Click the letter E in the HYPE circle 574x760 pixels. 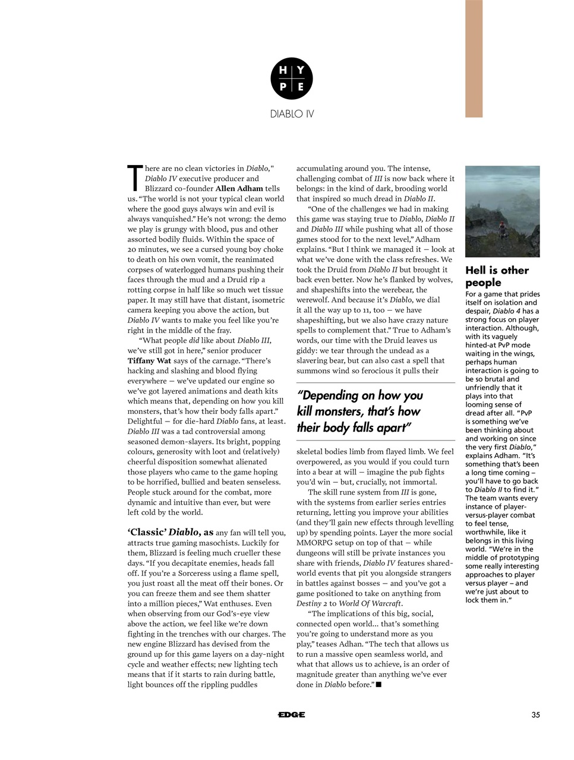click(301, 87)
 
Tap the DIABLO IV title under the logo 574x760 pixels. click(292, 113)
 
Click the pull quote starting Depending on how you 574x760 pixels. click(359, 411)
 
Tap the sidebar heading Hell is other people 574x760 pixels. click(496, 276)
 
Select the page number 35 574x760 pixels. click(535, 715)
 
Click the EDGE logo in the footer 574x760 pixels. click(291, 715)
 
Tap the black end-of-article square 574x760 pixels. click(379, 685)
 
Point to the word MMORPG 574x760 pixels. click(316, 543)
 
